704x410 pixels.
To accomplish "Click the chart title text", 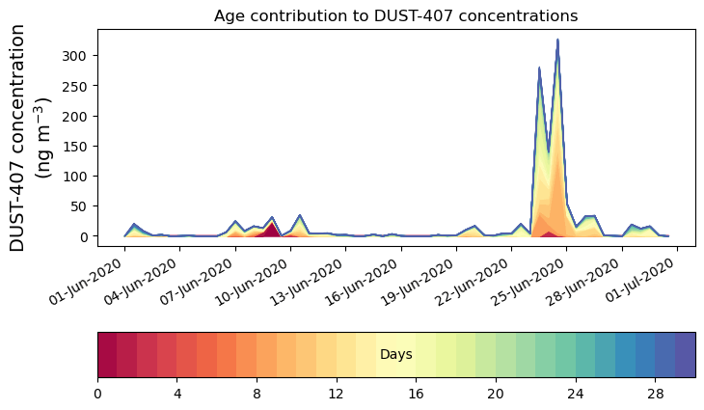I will [395, 15].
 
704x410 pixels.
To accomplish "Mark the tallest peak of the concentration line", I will [557, 41].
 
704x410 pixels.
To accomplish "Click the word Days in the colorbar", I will [395, 355].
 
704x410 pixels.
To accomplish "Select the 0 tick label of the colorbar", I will [97, 394].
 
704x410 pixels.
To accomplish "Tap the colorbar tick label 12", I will [337, 394].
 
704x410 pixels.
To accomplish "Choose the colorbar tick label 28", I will [655, 394].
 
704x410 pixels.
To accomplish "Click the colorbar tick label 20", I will [496, 394].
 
